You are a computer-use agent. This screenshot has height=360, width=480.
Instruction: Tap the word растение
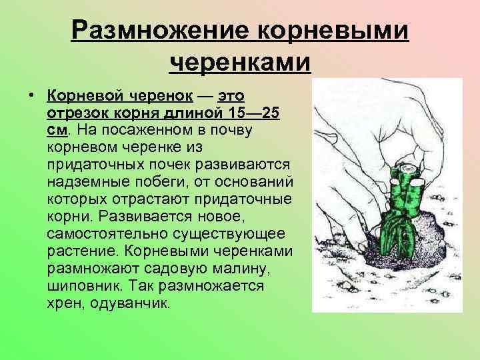click(76, 251)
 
